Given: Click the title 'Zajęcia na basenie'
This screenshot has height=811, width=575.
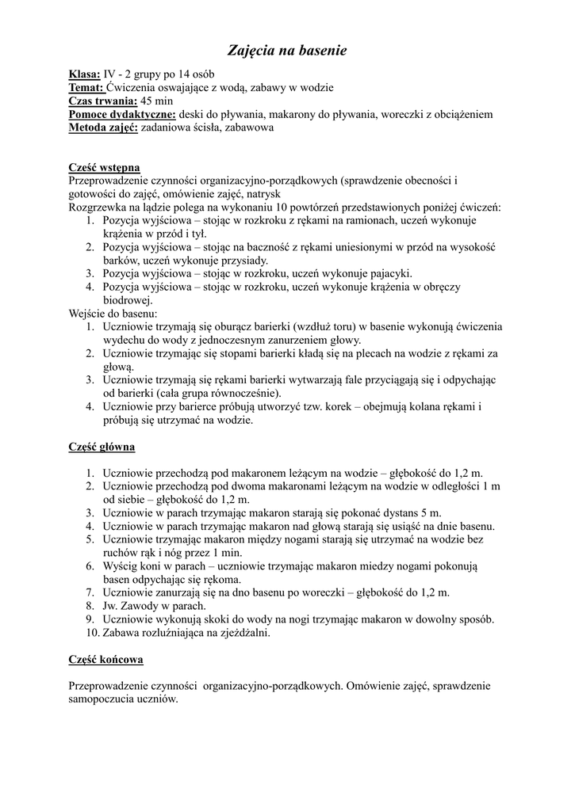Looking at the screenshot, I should point(288,51).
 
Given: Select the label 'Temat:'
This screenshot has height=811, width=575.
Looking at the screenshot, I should point(86,88).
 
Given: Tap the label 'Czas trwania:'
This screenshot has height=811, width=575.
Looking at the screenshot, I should point(103,101).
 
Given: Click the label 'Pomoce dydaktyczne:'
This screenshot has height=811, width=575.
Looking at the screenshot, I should point(122,114).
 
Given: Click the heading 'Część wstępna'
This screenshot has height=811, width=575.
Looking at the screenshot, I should point(105,168).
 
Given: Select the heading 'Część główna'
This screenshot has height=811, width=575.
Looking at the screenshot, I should point(102,447).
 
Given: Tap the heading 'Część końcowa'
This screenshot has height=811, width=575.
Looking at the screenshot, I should point(105,659).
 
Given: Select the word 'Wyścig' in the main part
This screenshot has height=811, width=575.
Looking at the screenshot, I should point(121,566).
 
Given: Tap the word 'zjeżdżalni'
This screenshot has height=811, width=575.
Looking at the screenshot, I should point(243,633).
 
